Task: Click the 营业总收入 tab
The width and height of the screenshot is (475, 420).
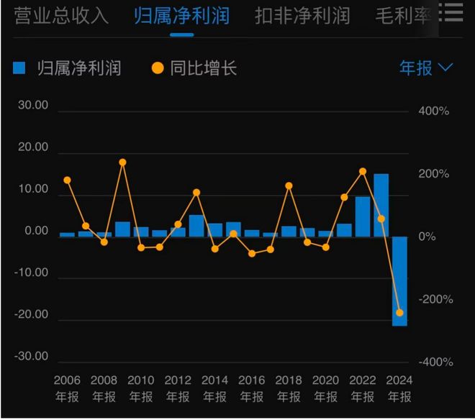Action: pyautogui.click(x=61, y=16)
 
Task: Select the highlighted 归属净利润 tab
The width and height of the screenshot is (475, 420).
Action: pyautogui.click(x=181, y=16)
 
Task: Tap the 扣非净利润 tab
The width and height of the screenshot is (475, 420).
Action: pyautogui.click(x=302, y=16)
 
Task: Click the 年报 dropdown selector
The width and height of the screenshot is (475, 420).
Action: pyautogui.click(x=426, y=68)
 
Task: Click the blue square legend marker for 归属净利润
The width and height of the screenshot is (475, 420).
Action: pyautogui.click(x=19, y=68)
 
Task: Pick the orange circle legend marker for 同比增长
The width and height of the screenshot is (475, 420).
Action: pyautogui.click(x=157, y=68)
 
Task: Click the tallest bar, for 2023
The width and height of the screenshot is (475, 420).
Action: pyautogui.click(x=381, y=205)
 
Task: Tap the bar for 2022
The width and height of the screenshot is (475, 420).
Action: pyautogui.click(x=363, y=216)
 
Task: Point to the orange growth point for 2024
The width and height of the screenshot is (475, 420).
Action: pyautogui.click(x=399, y=313)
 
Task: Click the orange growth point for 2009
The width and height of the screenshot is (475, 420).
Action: pyautogui.click(x=122, y=163)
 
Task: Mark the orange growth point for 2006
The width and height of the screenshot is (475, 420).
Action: pyautogui.click(x=67, y=181)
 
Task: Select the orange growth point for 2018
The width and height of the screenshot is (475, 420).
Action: pyautogui.click(x=289, y=186)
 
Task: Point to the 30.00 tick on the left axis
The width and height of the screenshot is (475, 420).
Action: pyautogui.click(x=33, y=105)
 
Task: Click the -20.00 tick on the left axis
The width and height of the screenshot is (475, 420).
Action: pyautogui.click(x=32, y=315)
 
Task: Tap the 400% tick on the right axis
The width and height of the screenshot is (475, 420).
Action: pyautogui.click(x=433, y=111)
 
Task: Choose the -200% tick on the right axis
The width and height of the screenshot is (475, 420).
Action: pyautogui.click(x=432, y=300)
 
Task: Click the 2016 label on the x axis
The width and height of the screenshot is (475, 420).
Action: pyautogui.click(x=251, y=380)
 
